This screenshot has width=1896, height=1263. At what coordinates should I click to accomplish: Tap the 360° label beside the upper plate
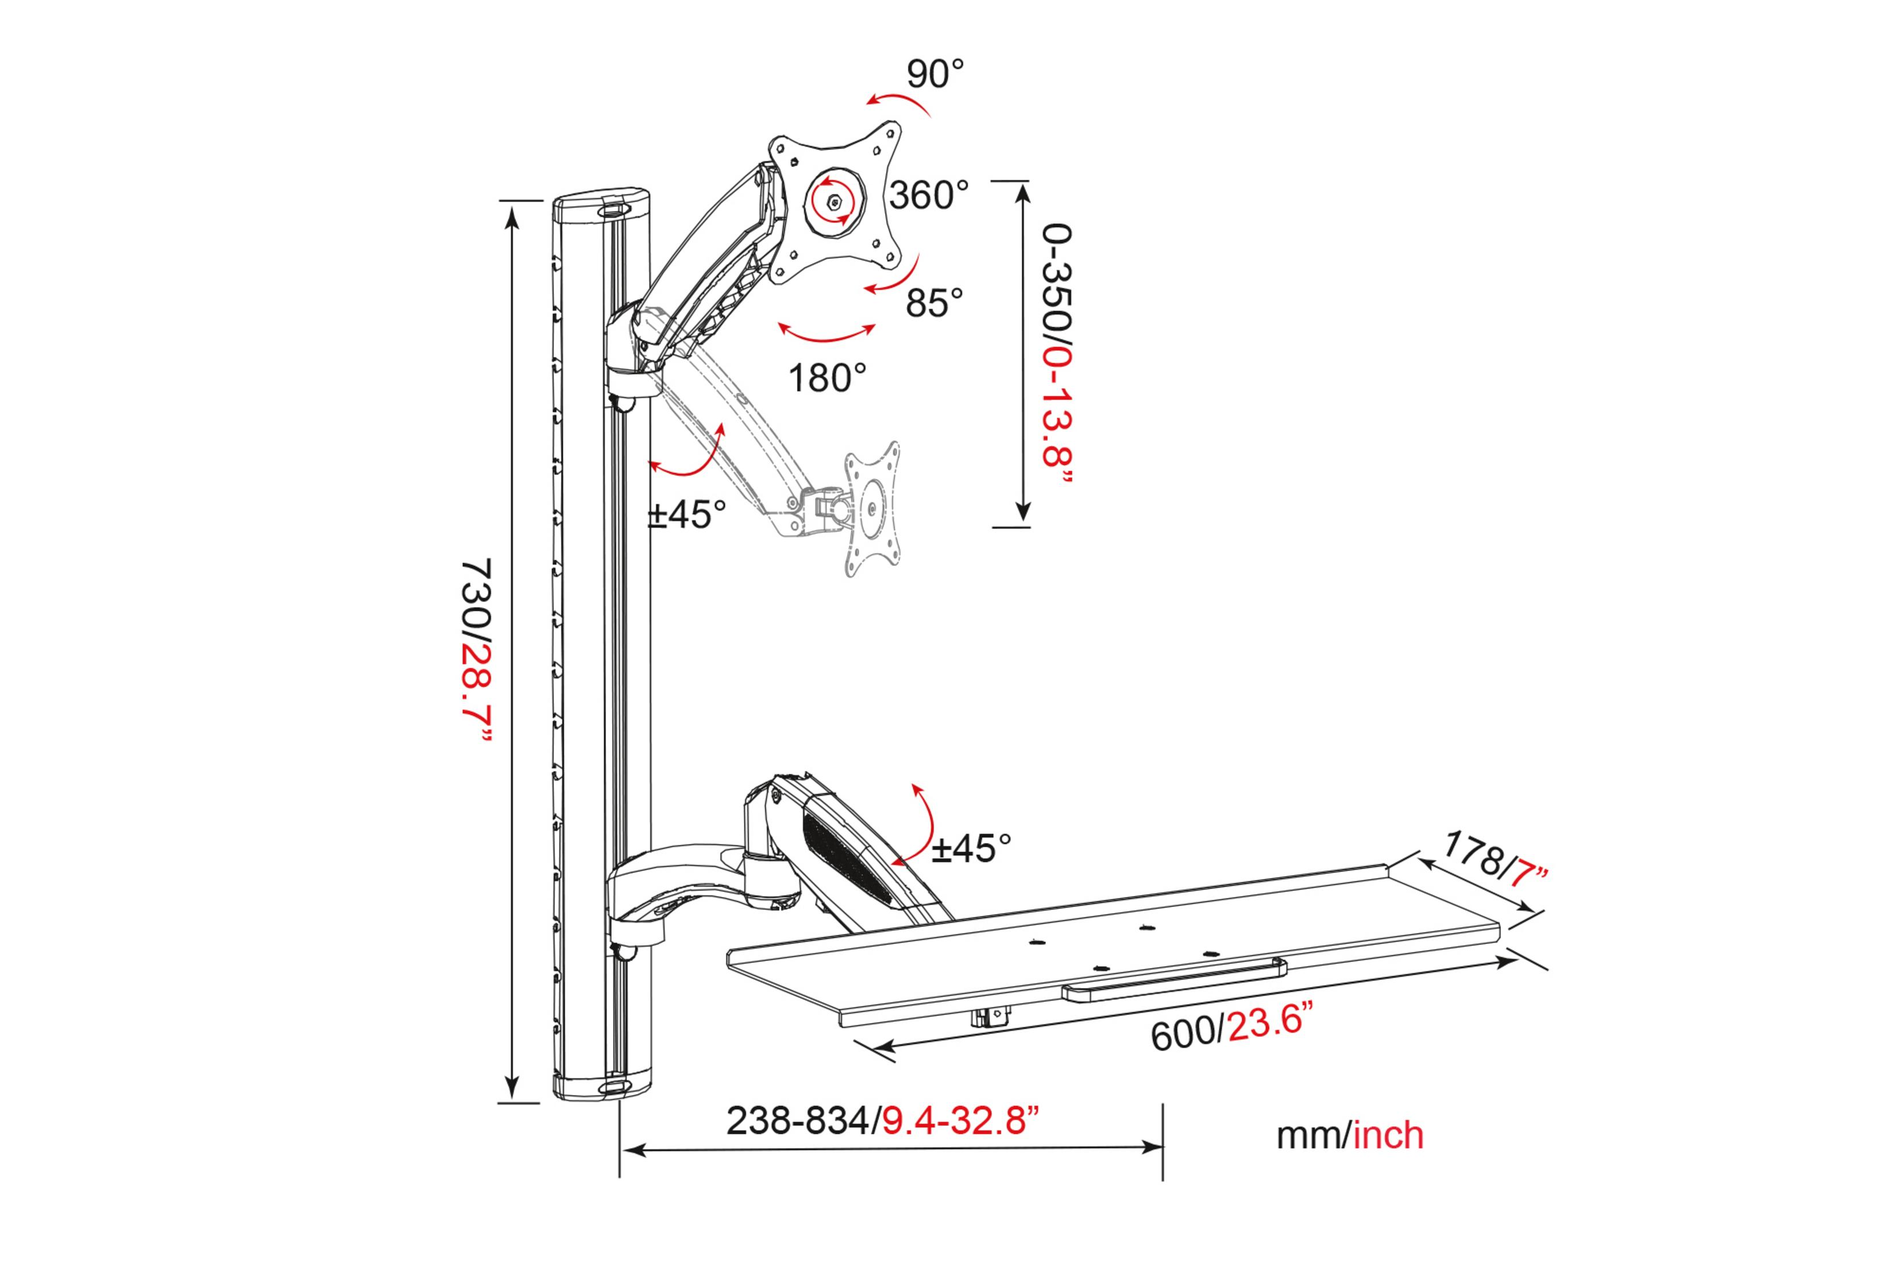point(929,195)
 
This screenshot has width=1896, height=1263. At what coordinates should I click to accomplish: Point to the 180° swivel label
point(827,378)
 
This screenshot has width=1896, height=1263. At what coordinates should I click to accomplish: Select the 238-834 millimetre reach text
point(798,1121)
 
